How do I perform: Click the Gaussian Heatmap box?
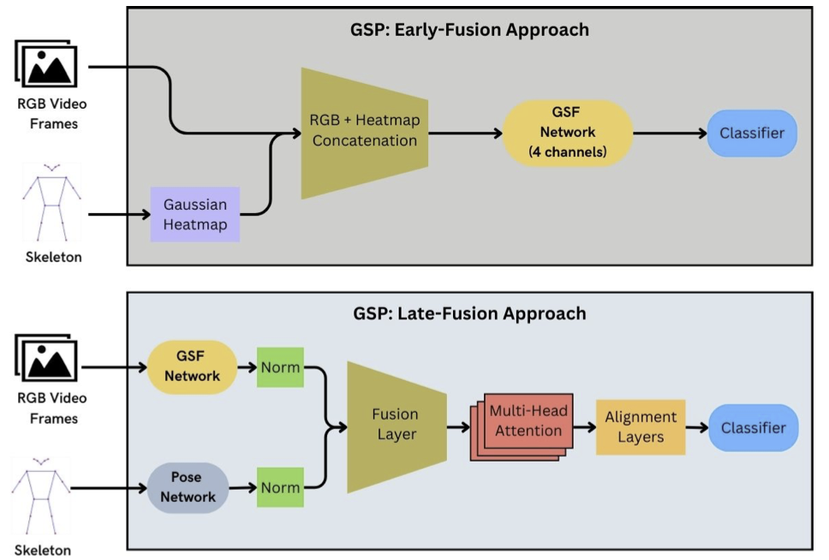pos(195,215)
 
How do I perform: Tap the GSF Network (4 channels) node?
pos(567,133)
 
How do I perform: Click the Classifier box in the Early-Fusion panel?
pos(752,133)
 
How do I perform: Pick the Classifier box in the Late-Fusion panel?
pos(752,426)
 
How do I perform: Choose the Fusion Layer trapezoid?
pos(396,423)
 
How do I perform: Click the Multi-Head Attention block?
pos(528,421)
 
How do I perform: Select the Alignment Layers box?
pos(641,426)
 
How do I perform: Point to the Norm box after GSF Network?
pos(280,367)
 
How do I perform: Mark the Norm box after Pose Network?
pos(280,487)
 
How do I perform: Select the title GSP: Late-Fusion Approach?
pos(469,313)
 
